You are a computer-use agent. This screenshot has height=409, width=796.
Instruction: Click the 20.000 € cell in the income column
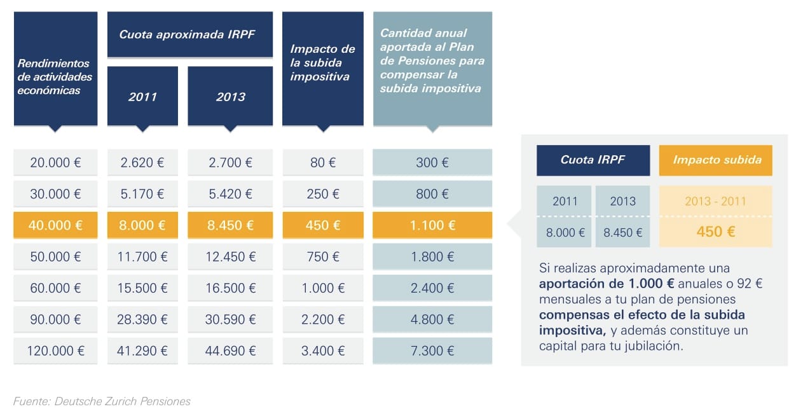(x=55, y=163)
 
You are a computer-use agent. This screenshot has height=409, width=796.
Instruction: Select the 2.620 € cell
(x=142, y=163)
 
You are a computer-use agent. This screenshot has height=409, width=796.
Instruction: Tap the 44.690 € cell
(x=230, y=350)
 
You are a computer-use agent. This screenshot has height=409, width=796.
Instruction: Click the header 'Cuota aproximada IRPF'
(x=187, y=34)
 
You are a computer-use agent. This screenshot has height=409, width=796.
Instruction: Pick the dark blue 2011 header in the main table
(x=142, y=97)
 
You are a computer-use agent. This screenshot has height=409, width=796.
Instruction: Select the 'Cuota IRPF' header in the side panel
(x=593, y=160)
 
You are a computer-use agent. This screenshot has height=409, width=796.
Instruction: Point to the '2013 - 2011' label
(x=716, y=201)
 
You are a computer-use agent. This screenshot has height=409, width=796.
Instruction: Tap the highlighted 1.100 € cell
(x=432, y=225)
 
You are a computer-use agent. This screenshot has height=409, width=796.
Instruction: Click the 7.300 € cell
(x=432, y=350)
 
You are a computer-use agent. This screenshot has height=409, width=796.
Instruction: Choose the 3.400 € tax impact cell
(x=323, y=350)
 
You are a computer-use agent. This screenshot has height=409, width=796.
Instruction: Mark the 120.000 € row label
(x=55, y=350)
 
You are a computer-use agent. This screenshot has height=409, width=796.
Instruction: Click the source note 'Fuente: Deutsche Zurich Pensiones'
(x=102, y=401)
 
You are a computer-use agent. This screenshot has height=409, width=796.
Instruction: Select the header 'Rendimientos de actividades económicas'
(x=55, y=77)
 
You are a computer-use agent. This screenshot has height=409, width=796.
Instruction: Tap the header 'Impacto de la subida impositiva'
(x=323, y=63)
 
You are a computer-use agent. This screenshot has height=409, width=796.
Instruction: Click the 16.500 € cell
(x=230, y=288)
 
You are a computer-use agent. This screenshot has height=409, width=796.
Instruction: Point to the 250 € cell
(x=323, y=194)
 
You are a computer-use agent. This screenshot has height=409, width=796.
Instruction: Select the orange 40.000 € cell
(x=55, y=225)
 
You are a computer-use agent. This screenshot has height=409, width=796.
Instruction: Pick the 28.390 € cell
(x=142, y=319)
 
